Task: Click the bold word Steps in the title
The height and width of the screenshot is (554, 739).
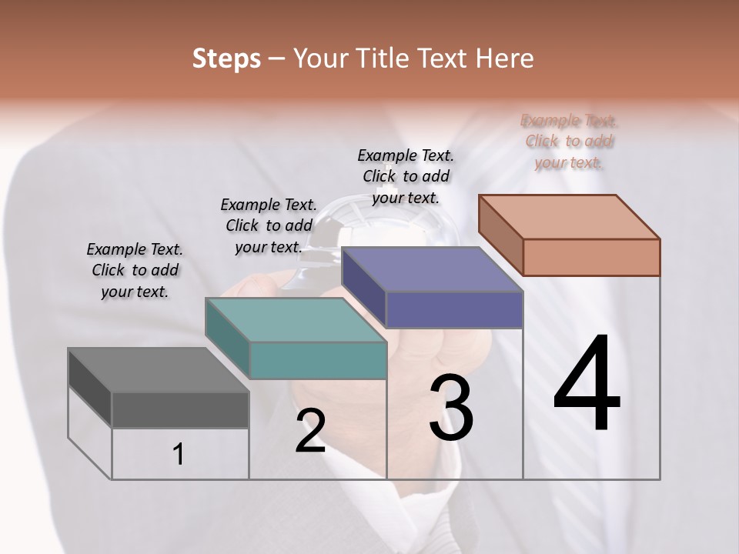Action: pyautogui.click(x=226, y=58)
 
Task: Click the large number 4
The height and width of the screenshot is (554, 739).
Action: pyautogui.click(x=587, y=384)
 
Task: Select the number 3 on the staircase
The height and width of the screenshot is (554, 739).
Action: pyautogui.click(x=451, y=407)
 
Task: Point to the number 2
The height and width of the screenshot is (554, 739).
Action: pyautogui.click(x=310, y=430)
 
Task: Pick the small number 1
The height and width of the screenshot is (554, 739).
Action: pyautogui.click(x=179, y=455)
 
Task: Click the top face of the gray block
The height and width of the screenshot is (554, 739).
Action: pyautogui.click(x=158, y=370)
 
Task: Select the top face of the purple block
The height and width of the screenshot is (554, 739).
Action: pyautogui.click(x=431, y=269)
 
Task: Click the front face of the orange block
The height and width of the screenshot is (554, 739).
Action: pyautogui.click(x=591, y=257)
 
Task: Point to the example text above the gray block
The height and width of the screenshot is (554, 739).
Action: pyautogui.click(x=135, y=270)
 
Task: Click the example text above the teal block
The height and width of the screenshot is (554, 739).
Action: pyautogui.click(x=269, y=225)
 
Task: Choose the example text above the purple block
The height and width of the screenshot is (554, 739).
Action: pyautogui.click(x=406, y=176)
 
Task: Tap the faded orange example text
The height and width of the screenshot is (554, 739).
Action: pyautogui.click(x=569, y=141)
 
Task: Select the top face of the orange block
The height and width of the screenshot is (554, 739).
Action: pyautogui.click(x=569, y=216)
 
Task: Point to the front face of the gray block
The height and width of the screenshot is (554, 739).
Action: pyautogui.click(x=180, y=410)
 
